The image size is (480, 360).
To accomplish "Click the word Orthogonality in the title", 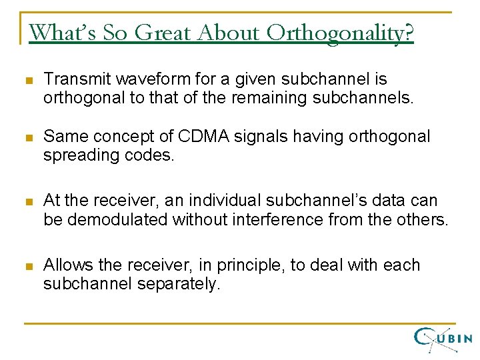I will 340,32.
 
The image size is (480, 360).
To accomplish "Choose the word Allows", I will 64,265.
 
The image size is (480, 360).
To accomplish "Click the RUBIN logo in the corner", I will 443,339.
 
